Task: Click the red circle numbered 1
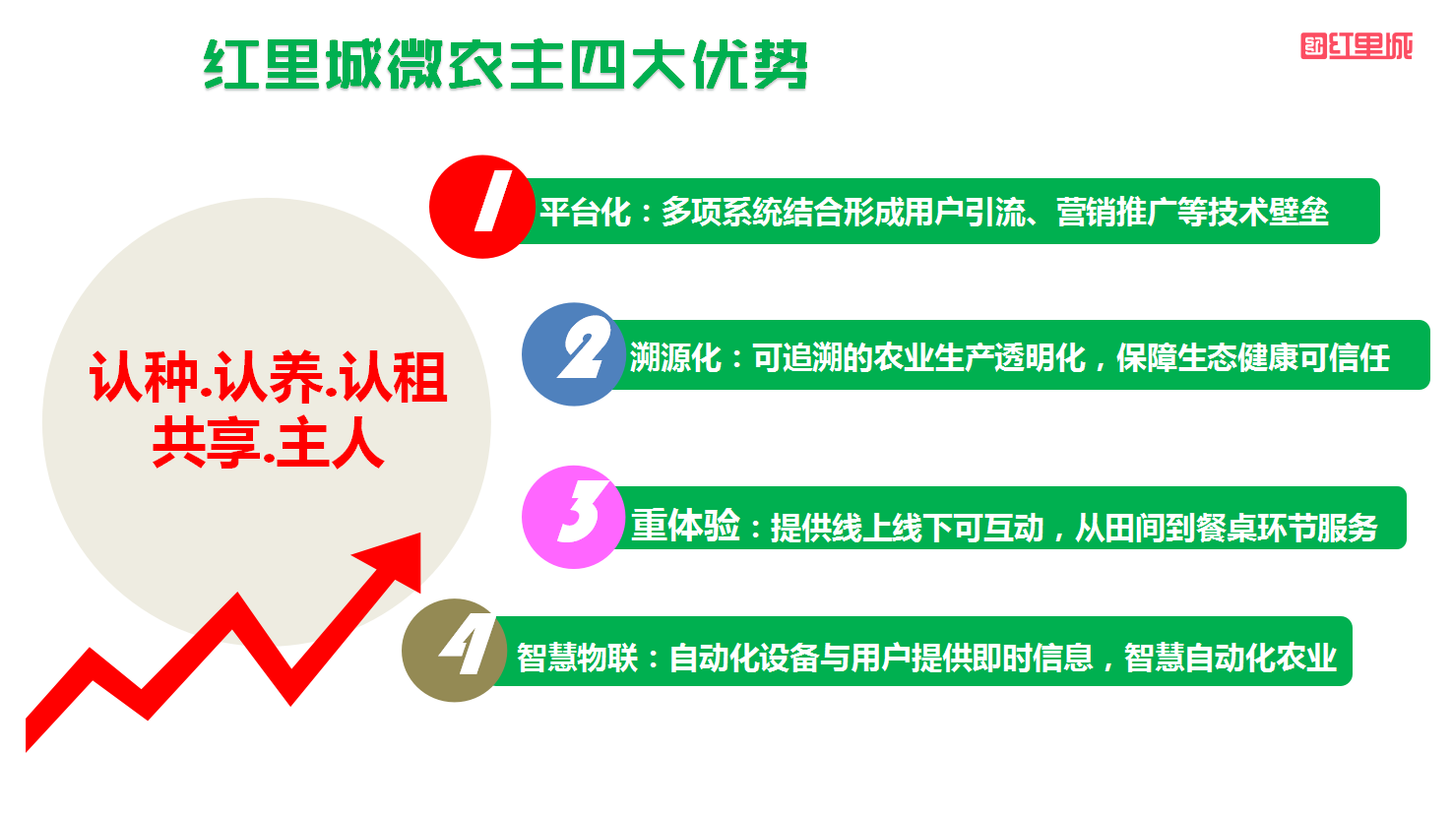pos(481,207)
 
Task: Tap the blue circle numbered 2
pos(574,354)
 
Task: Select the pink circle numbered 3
pos(574,518)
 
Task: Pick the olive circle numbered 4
pos(454,650)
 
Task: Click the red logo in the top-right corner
pos(1357,46)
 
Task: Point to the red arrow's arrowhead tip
pos(420,534)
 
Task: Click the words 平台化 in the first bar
pos(586,212)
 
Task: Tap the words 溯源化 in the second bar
pos(675,358)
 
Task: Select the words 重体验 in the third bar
pos(686,526)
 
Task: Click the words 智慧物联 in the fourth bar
pos(578,658)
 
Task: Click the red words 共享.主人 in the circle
pos(269,443)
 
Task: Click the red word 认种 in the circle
pos(144,377)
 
